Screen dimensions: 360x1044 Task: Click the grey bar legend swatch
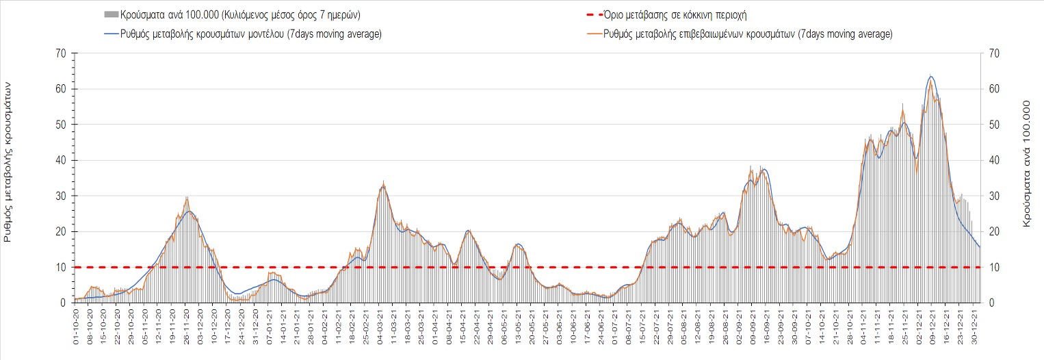coord(109,14)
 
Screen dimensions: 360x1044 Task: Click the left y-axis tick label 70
coord(61,53)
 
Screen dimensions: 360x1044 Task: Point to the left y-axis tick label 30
coord(61,196)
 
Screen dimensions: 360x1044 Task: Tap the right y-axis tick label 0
coord(988,303)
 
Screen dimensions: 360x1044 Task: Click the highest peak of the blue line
coord(931,76)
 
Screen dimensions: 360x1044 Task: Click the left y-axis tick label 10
coord(61,267)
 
